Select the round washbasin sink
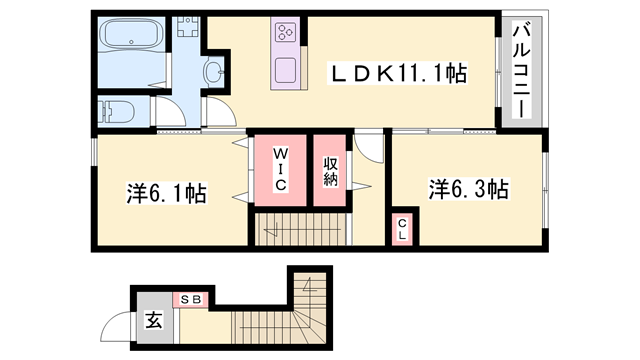[213, 71]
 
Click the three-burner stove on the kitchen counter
[284, 33]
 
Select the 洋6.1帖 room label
[167, 192]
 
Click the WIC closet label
[280, 170]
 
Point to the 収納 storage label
[331, 171]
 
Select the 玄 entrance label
[155, 321]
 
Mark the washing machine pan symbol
[186, 29]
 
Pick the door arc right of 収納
[370, 150]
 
